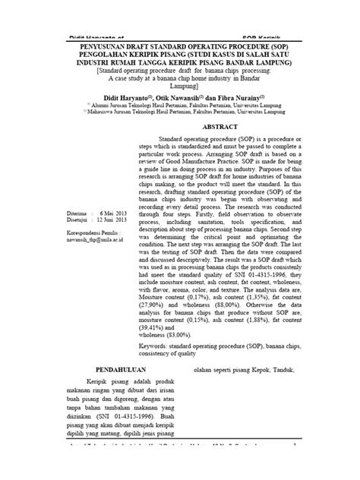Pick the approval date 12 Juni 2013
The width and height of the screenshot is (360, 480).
coord(104,220)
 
